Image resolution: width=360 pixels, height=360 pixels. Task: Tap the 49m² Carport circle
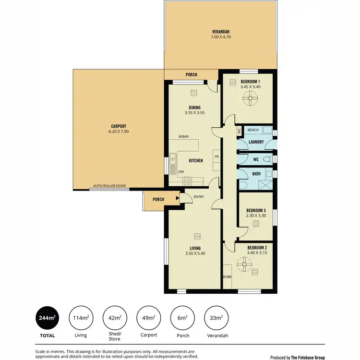click(149, 318)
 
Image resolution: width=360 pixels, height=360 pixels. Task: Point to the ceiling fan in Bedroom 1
click(250, 99)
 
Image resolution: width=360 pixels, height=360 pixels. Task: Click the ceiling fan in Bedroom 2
click(244, 264)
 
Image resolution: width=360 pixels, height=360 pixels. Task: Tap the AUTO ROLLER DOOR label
click(109, 185)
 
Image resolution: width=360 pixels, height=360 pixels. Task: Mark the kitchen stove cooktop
click(187, 181)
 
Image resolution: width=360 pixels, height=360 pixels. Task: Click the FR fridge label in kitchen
click(216, 157)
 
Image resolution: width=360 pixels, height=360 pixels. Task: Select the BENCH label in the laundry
click(253, 130)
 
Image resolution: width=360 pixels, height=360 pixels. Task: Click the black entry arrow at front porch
click(178, 197)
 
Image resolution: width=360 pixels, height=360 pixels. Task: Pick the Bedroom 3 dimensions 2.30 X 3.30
click(256, 216)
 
